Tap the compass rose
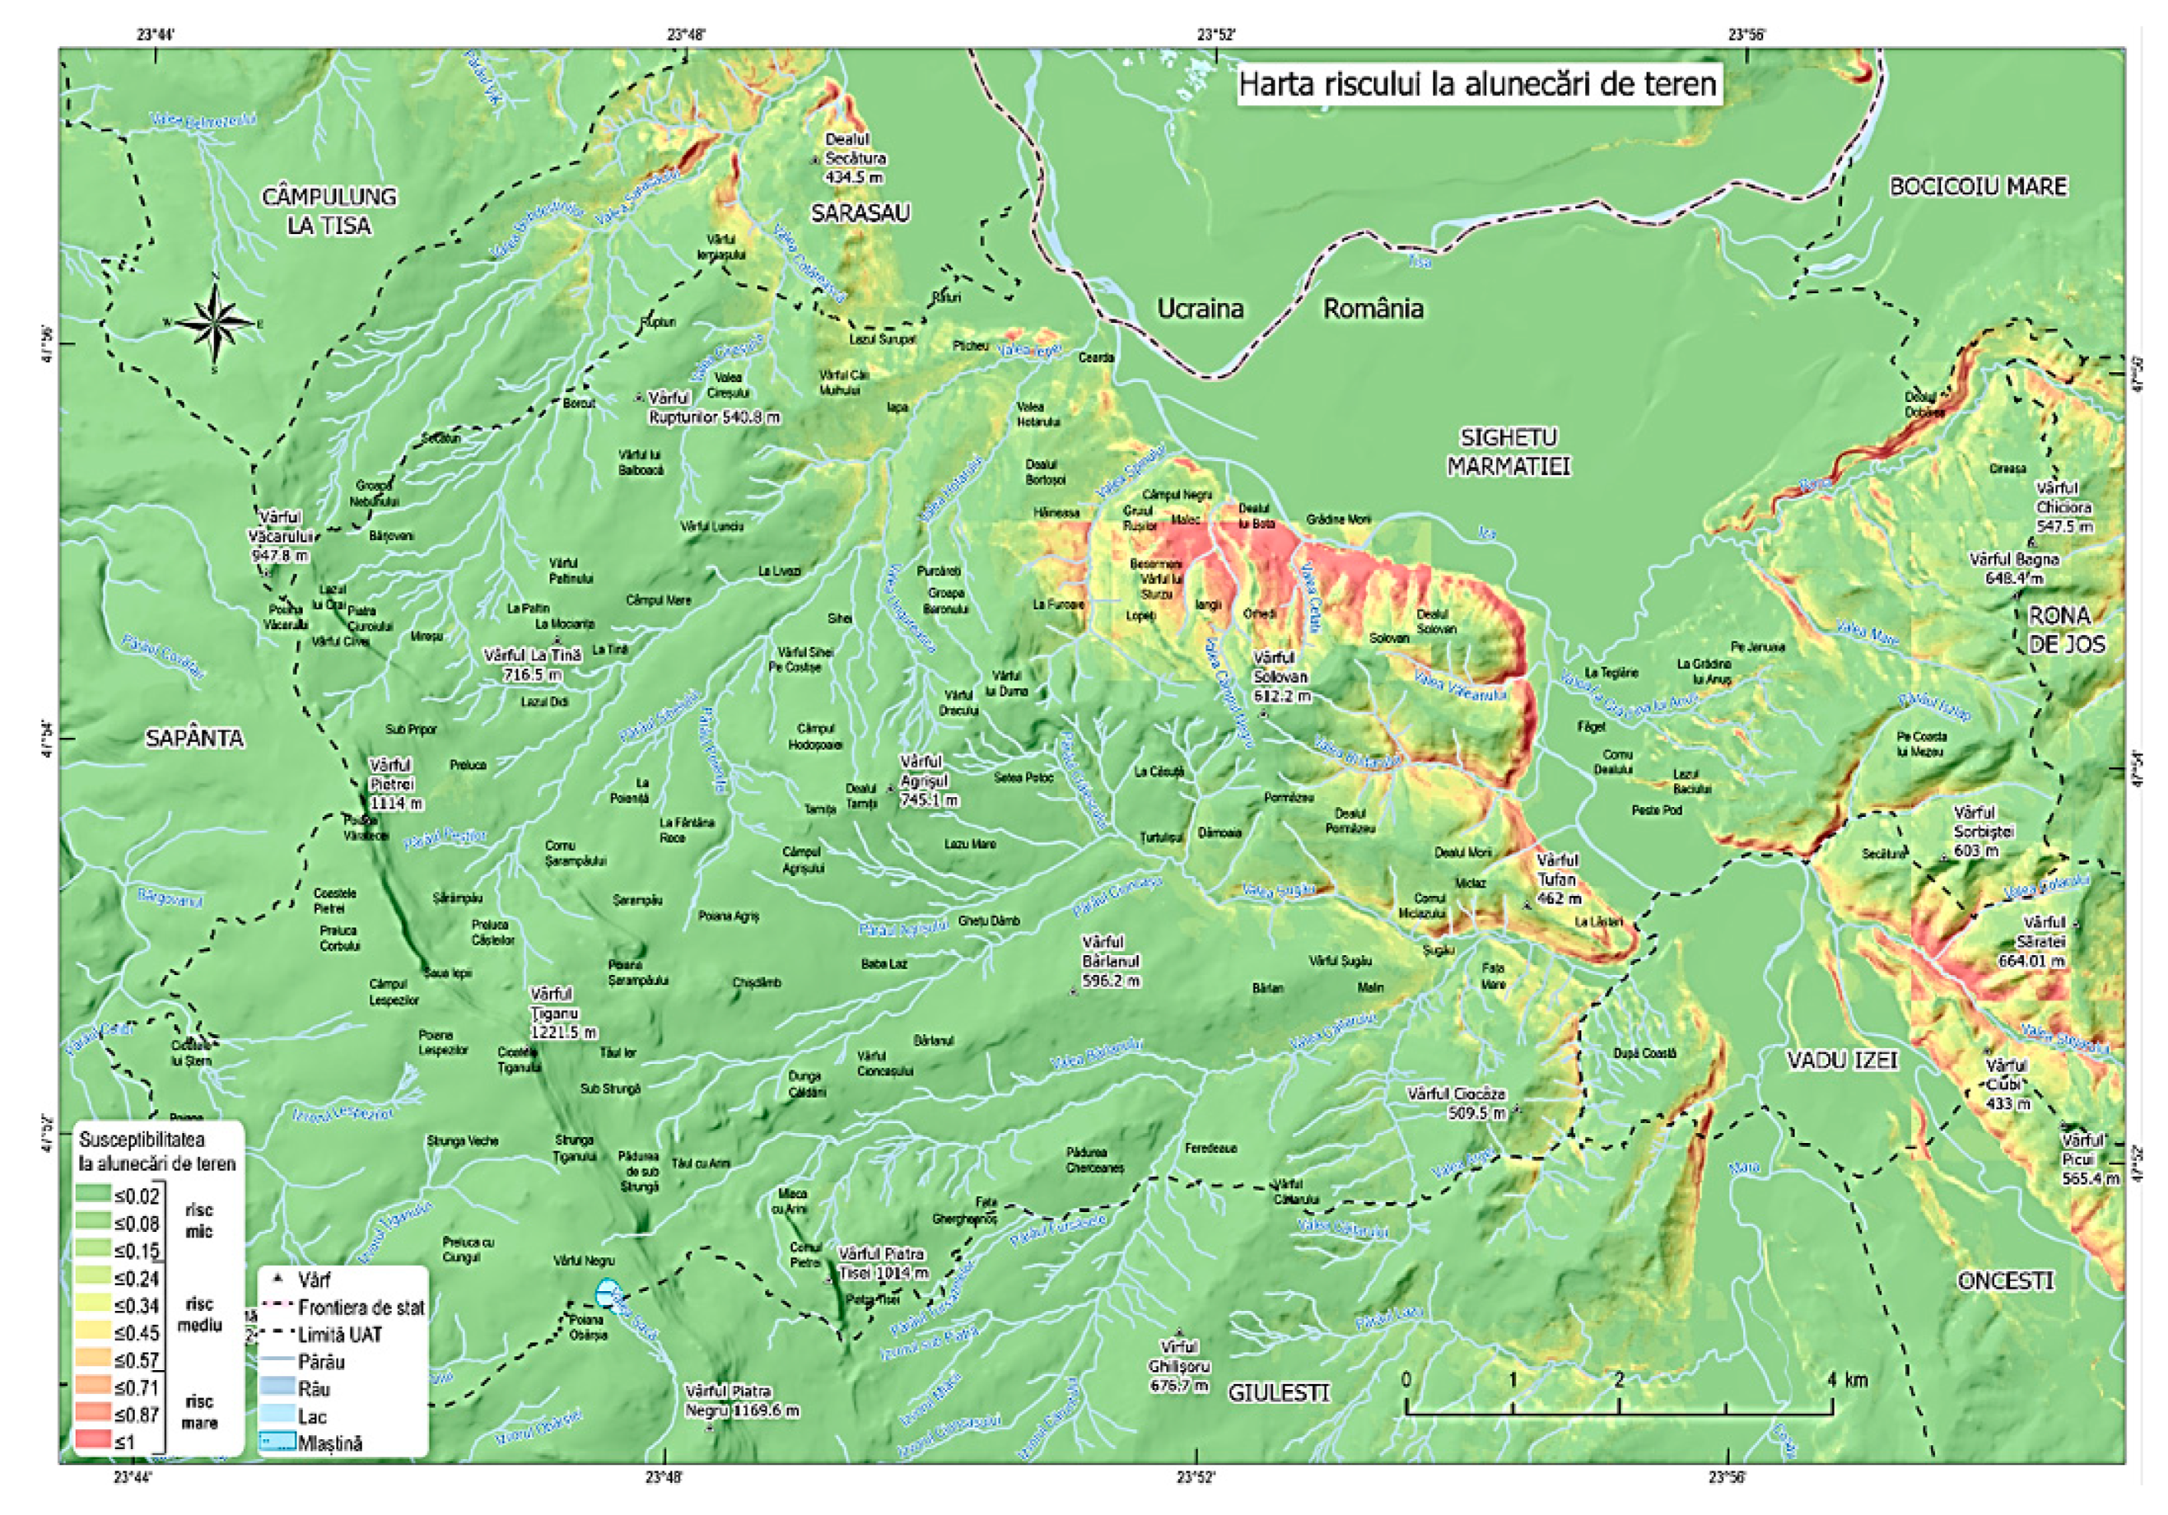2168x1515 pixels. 215,324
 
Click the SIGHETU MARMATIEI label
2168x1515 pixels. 1508,451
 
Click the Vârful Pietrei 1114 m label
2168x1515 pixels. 394,784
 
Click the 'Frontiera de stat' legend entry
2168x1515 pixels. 360,1308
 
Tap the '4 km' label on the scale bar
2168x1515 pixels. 1846,1380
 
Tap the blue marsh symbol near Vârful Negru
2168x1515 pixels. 609,1292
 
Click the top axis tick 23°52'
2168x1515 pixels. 1216,35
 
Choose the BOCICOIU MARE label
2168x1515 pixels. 1977,187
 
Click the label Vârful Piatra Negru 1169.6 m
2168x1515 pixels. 741,1401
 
